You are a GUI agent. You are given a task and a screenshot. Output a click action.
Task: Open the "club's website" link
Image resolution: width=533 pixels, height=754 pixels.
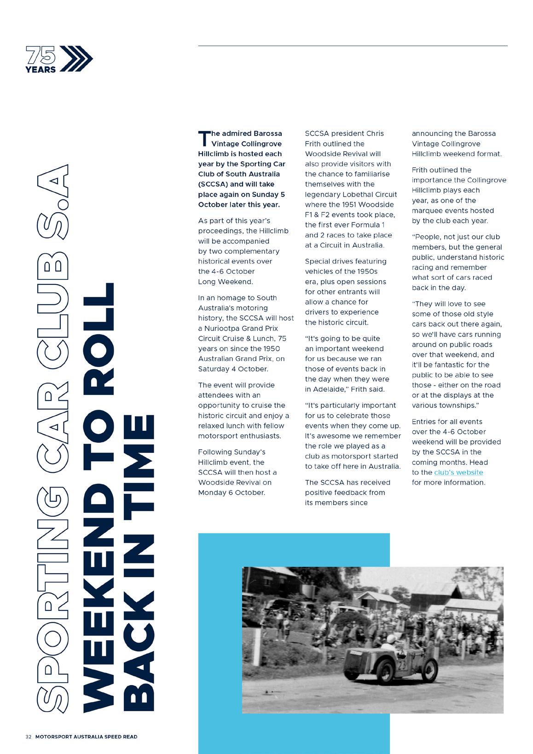(x=458, y=472)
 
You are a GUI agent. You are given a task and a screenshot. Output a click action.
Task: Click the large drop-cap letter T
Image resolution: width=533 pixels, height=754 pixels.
(x=204, y=139)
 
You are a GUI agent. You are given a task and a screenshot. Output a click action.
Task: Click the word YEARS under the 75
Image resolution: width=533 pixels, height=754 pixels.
(x=41, y=70)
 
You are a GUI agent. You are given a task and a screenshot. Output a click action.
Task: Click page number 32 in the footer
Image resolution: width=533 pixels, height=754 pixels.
(x=28, y=737)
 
